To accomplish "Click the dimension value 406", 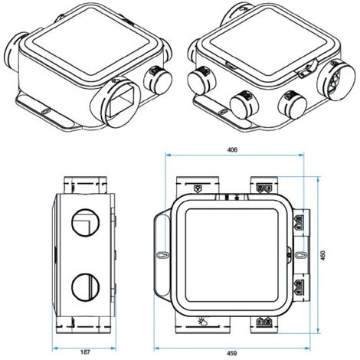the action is click(232, 149).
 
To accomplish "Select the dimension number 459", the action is click(232, 353).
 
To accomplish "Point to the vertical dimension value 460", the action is click(323, 255).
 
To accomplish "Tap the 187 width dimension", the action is click(85, 352).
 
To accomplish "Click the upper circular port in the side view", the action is click(85, 223).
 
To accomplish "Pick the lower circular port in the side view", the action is click(85, 287).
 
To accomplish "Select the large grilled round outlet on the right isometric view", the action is click(336, 80).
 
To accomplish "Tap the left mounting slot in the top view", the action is click(162, 255).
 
